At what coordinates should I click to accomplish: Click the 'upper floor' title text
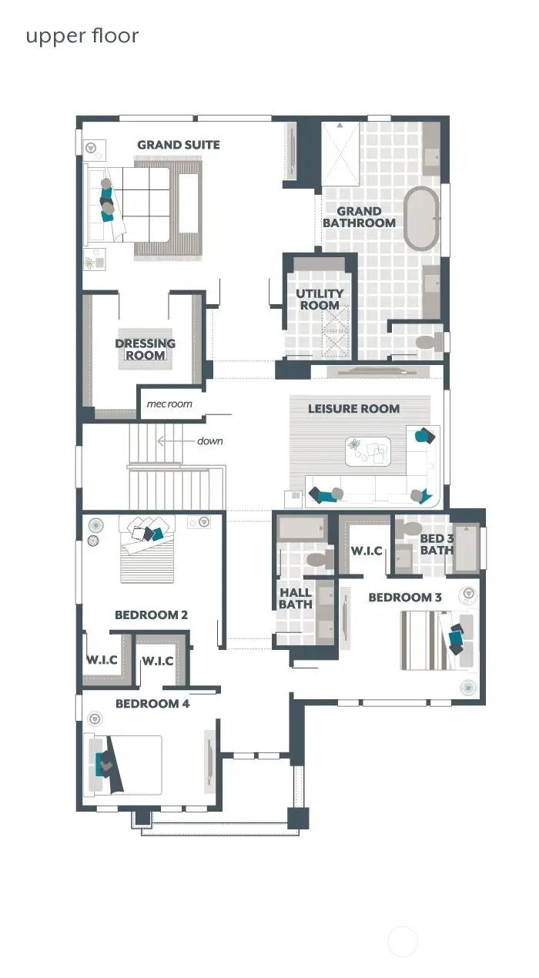tap(82, 36)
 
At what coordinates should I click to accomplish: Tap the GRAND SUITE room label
tap(179, 145)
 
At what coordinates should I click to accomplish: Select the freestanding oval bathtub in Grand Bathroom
tap(421, 218)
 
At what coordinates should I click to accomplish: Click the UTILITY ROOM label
tap(320, 300)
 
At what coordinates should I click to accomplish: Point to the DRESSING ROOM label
tap(146, 349)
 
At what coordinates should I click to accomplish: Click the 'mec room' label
tap(169, 404)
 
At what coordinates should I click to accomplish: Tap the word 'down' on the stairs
tap(209, 441)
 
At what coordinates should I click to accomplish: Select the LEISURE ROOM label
tap(354, 408)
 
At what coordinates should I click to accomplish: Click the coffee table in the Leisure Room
tap(367, 452)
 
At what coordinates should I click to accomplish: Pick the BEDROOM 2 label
tap(151, 615)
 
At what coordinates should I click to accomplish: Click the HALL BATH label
tap(296, 598)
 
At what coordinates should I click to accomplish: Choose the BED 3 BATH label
tap(437, 544)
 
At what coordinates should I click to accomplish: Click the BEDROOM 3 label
tap(405, 597)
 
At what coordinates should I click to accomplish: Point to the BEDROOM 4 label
tap(152, 703)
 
